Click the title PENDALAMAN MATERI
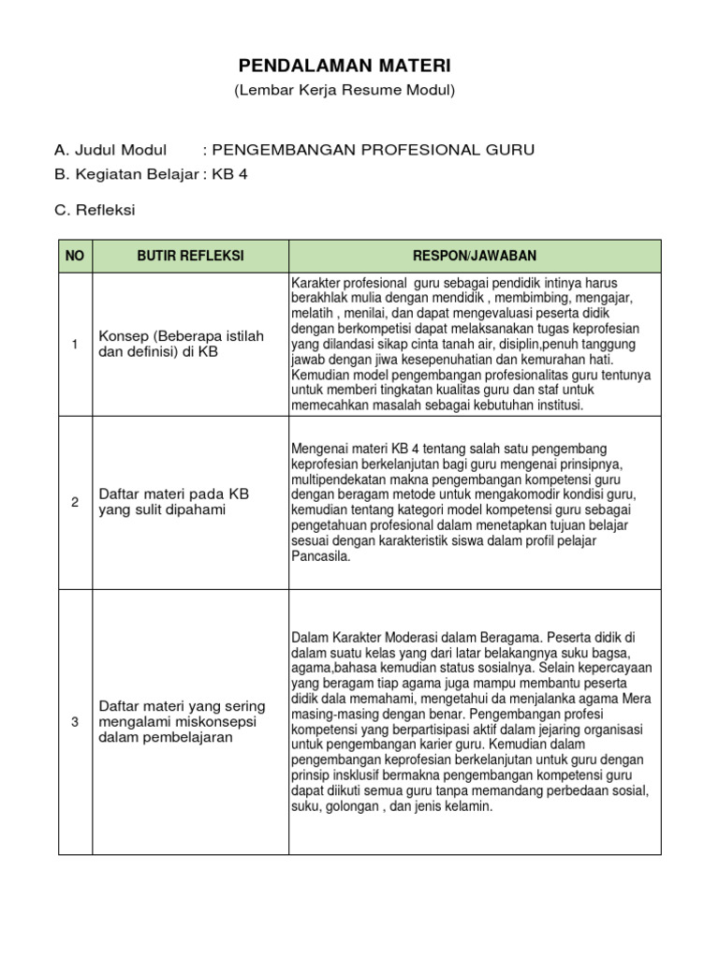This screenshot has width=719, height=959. tap(345, 66)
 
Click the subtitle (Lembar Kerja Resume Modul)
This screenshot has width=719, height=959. tap(345, 91)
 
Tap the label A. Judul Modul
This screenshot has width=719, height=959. tap(110, 150)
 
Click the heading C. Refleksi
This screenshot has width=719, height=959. tap(95, 210)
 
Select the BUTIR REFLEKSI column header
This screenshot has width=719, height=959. tap(190, 256)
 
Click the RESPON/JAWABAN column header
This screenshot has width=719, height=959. tap(475, 256)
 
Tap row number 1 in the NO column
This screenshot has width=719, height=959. tap(75, 345)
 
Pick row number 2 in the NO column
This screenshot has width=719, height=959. tap(75, 502)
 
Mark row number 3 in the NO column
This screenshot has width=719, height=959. tap(75, 722)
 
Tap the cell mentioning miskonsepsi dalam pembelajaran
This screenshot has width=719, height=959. tap(182, 721)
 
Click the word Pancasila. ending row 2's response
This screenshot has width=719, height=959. tap(320, 556)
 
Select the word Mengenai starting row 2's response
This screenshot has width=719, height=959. tap(317, 448)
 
